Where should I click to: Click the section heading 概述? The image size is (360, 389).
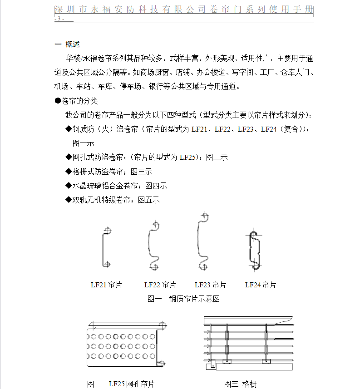tap(73, 44)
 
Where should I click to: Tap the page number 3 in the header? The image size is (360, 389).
tap(59, 19)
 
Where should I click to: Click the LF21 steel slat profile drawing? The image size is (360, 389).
tap(106, 246)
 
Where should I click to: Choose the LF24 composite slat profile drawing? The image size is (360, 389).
tap(253, 249)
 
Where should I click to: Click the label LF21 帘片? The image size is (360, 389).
tap(106, 285)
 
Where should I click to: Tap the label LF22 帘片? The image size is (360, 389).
tap(160, 285)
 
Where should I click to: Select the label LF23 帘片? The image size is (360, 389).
tap(210, 285)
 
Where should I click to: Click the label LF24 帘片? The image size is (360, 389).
tap(261, 285)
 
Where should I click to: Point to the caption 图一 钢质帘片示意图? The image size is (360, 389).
tap(183, 299)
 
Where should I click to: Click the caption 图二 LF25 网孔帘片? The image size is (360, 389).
tap(121, 384)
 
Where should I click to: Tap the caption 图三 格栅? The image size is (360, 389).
tap(240, 384)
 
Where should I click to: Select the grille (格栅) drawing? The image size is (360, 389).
tap(249, 343)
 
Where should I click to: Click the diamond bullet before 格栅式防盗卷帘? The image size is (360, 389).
tap(69, 172)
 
